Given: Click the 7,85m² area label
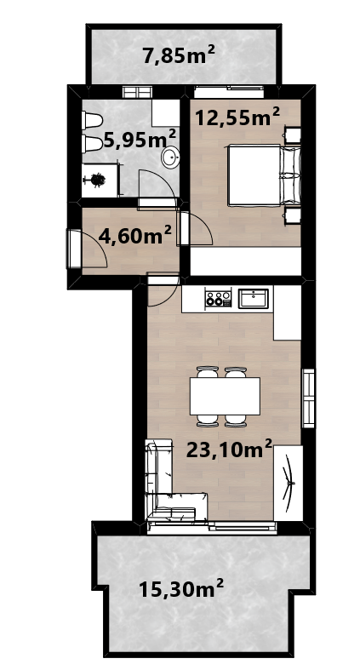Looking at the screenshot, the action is point(179,55).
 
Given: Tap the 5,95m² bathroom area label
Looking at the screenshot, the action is point(140,140).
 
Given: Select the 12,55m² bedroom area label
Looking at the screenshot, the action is point(237,117).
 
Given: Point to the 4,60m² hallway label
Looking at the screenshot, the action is point(135,235).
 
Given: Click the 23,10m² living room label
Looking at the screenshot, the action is point(229,450).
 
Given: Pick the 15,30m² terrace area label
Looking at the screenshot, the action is point(181,589).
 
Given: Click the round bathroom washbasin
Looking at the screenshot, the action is point(170,157).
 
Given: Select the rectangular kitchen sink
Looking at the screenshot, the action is point(254,298).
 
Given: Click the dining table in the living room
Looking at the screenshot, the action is point(225,396).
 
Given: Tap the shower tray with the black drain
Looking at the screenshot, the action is point(100,180).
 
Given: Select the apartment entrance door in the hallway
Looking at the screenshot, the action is point(74,249).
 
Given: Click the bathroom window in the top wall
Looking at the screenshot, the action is point(137,92).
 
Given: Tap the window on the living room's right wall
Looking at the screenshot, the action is point(308,398).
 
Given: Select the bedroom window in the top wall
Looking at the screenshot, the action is point(229,91).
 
